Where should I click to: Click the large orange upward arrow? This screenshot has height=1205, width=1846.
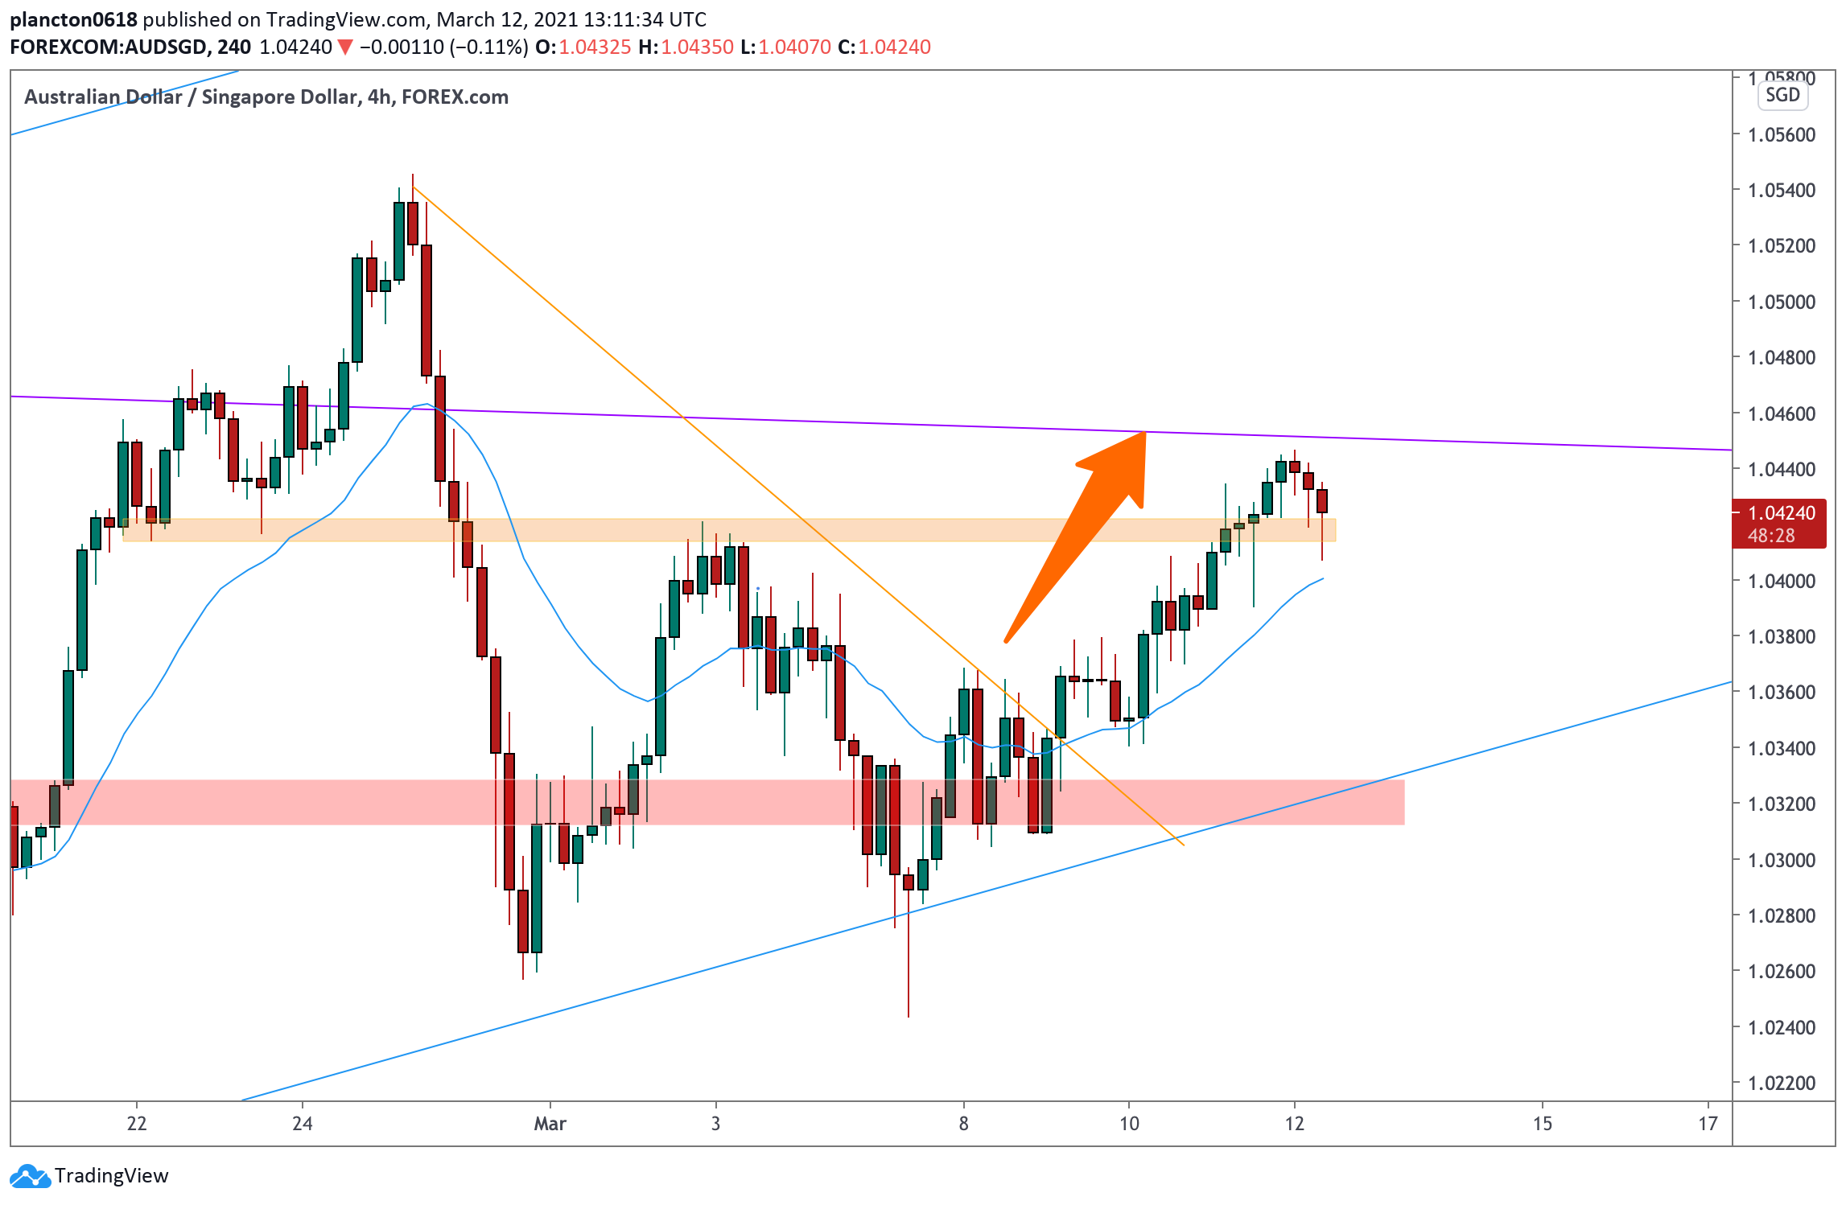point(1074,537)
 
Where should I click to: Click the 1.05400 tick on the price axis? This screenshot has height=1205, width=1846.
point(1782,191)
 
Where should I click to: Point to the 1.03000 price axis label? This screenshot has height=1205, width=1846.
point(1782,860)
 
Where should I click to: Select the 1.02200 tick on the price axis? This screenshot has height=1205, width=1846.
point(1782,1084)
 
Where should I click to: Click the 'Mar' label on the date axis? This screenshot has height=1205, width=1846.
point(550,1124)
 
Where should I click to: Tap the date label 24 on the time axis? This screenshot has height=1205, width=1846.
point(303,1124)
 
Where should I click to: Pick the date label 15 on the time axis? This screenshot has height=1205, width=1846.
point(1543,1124)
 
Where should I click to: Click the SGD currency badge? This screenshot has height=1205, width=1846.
point(1782,95)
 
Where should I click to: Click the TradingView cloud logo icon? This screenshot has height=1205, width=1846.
point(31,1176)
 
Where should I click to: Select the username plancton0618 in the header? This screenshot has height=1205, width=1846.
point(73,19)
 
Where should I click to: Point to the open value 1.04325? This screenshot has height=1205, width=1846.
point(595,47)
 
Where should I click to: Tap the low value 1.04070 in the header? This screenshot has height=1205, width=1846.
point(795,47)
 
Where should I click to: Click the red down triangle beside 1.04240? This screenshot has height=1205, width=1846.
point(345,47)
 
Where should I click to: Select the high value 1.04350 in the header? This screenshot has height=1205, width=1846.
point(698,47)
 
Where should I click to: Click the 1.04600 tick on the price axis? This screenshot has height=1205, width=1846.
point(1782,413)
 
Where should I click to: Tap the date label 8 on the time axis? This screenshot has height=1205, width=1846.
point(963,1124)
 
